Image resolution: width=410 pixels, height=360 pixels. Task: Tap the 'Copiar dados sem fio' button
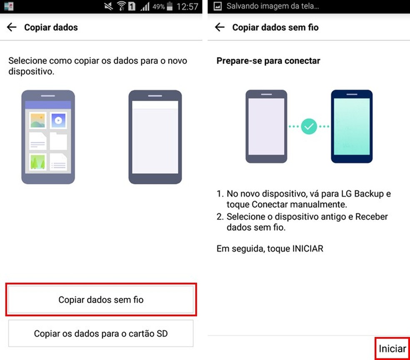101,300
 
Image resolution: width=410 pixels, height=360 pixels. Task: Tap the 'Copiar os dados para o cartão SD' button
101,334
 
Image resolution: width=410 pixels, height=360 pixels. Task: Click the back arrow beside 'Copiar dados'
12,27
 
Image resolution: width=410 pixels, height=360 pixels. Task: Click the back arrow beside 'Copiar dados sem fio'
220,27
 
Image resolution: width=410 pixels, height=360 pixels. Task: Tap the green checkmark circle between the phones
309,127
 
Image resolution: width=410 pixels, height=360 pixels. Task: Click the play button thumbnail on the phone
58,120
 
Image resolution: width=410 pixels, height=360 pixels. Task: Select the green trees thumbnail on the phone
37,162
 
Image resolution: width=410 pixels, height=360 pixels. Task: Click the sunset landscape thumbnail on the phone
37,120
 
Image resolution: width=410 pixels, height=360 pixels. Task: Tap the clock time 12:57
187,7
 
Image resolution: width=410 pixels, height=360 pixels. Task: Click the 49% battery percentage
158,7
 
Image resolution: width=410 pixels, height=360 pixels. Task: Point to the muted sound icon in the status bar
108,6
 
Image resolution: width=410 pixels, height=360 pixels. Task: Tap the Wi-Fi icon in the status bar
121,6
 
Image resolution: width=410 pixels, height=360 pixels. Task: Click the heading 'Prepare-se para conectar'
268,61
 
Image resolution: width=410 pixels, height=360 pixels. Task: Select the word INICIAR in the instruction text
308,248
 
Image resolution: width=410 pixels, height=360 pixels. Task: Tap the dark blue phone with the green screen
352,127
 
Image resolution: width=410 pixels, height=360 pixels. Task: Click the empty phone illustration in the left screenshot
155,137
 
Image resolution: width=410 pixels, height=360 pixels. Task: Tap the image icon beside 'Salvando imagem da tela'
217,6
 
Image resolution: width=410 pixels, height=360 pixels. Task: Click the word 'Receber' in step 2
371,217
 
